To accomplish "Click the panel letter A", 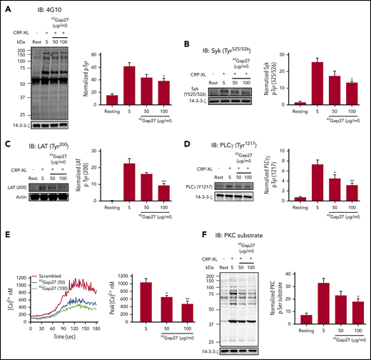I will tap(6, 7).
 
